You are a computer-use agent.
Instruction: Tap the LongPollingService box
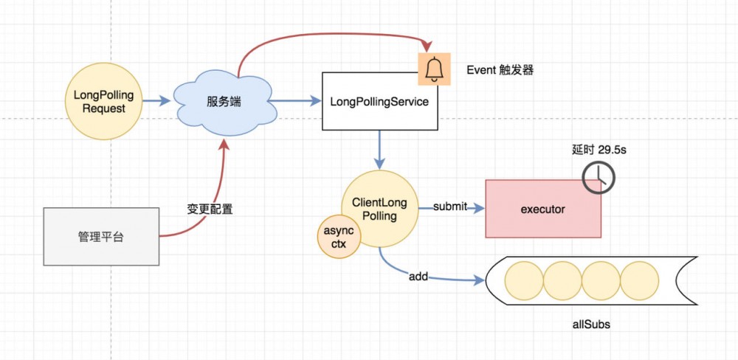coord(379,102)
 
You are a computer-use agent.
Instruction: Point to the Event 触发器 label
coord(500,70)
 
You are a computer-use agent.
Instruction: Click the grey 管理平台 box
coord(102,236)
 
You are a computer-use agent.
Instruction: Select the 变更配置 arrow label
coord(210,209)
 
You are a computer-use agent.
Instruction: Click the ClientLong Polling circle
coord(380,210)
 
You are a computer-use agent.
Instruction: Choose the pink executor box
coord(543,210)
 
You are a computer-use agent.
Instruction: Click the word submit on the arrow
coord(450,207)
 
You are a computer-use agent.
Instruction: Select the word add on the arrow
coord(418,277)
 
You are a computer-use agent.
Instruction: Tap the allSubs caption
coord(591,324)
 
